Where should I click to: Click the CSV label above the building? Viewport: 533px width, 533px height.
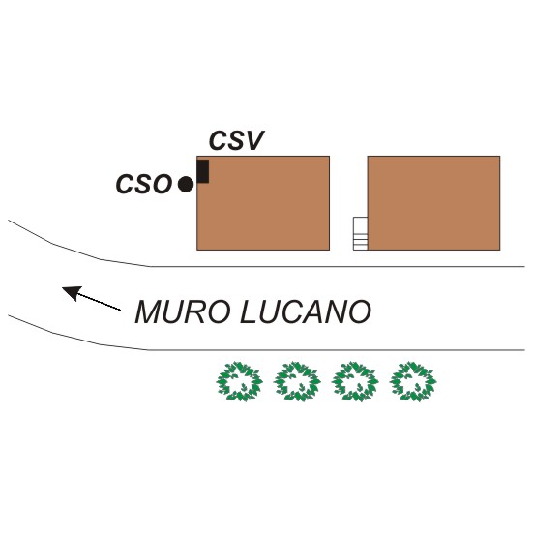tap(237, 140)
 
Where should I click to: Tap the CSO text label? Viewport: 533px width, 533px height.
tap(144, 184)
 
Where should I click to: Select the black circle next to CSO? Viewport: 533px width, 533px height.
tap(186, 185)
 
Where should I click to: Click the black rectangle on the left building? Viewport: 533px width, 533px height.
tap(203, 171)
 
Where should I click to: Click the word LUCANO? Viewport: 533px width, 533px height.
tap(306, 311)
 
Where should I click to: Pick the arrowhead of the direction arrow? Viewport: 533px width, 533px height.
tap(72, 293)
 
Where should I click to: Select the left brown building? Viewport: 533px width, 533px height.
tap(263, 203)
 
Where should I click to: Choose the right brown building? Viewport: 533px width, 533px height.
tap(433, 203)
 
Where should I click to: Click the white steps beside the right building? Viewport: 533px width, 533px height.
tap(360, 233)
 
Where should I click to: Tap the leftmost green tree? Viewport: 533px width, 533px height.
tap(239, 381)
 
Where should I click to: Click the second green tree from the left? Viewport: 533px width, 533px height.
tap(297, 381)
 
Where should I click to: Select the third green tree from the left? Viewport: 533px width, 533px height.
tap(355, 381)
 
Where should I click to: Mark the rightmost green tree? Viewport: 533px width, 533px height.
tap(413, 381)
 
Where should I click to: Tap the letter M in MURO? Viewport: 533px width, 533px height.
tap(149, 311)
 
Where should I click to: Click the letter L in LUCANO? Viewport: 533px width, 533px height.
tap(249, 311)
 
